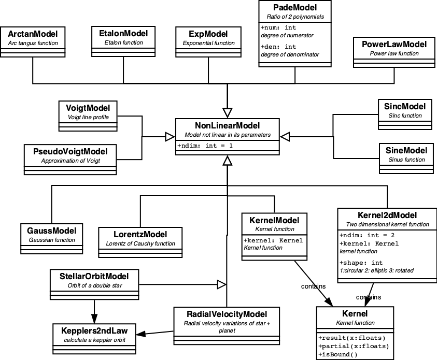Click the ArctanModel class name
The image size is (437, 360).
point(33,34)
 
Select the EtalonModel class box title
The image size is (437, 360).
point(123,34)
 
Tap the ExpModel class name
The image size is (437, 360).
point(205,34)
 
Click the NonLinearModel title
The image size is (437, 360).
point(227,126)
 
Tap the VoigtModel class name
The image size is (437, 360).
point(88,108)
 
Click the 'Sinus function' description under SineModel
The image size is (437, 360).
point(406,160)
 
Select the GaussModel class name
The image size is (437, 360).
point(51,231)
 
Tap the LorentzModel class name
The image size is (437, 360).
point(140,234)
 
